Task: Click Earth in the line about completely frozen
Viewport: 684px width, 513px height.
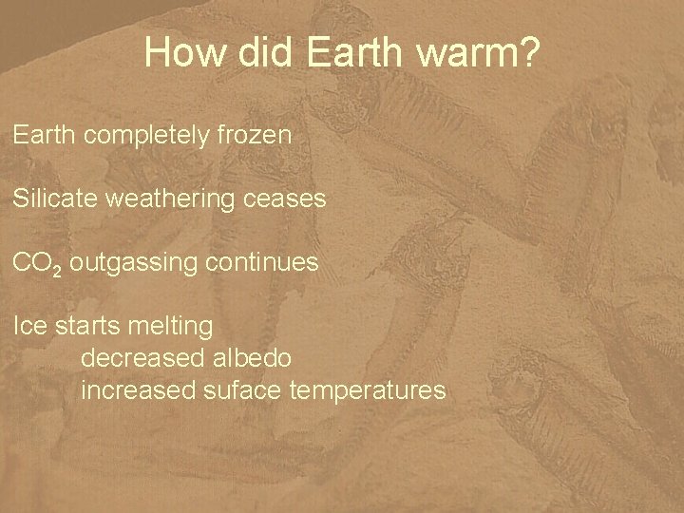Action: tap(45, 135)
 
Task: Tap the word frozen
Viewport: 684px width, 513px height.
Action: tap(258, 135)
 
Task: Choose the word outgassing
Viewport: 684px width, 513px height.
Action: tap(129, 264)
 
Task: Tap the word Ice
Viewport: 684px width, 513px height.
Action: tap(29, 326)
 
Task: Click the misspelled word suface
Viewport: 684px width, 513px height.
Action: tap(238, 389)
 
